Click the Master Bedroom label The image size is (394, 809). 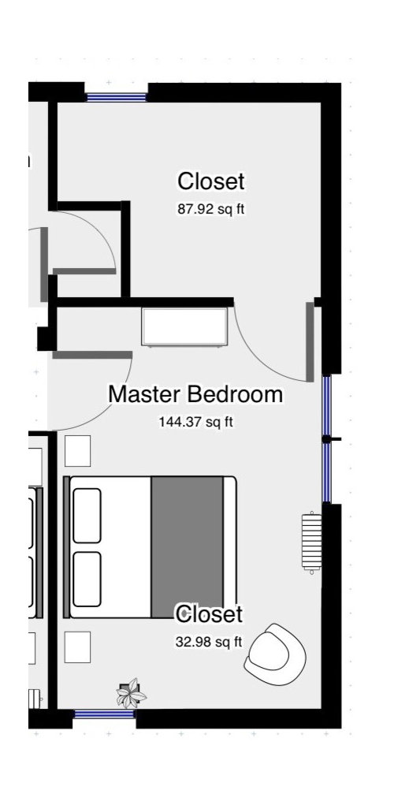pos(195,394)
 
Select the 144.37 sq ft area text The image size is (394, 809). pos(196,422)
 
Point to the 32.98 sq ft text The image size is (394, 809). pos(208,641)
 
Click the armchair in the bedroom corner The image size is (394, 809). pos(274,652)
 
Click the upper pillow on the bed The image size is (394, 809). pos(87,516)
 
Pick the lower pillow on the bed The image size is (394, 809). pos(87,579)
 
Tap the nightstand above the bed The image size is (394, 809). pos(77,451)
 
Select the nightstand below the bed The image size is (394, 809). pos(77,647)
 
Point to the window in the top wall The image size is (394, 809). pos(117,98)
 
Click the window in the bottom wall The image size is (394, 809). pos(104,714)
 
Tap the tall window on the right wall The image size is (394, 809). pos(326,438)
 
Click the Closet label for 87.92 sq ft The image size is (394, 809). pos(210,181)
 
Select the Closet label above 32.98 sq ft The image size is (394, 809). pos(208,613)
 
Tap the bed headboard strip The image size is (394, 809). pos(66,547)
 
